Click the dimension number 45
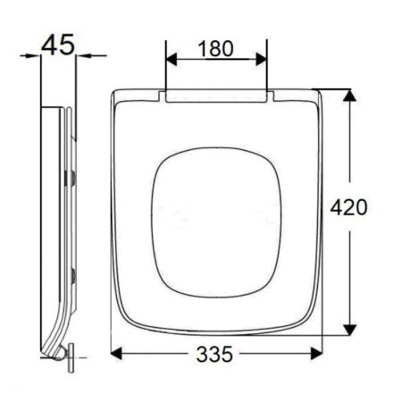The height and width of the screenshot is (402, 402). click(x=57, y=45)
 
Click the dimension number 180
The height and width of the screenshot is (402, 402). click(x=215, y=48)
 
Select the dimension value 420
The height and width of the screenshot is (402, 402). click(x=348, y=207)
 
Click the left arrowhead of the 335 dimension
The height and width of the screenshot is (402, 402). click(x=116, y=354)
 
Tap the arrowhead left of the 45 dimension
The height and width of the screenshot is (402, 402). click(x=35, y=55)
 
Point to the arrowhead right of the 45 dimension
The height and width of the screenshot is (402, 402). click(x=81, y=55)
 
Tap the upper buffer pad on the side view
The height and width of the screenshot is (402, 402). click(x=73, y=178)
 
